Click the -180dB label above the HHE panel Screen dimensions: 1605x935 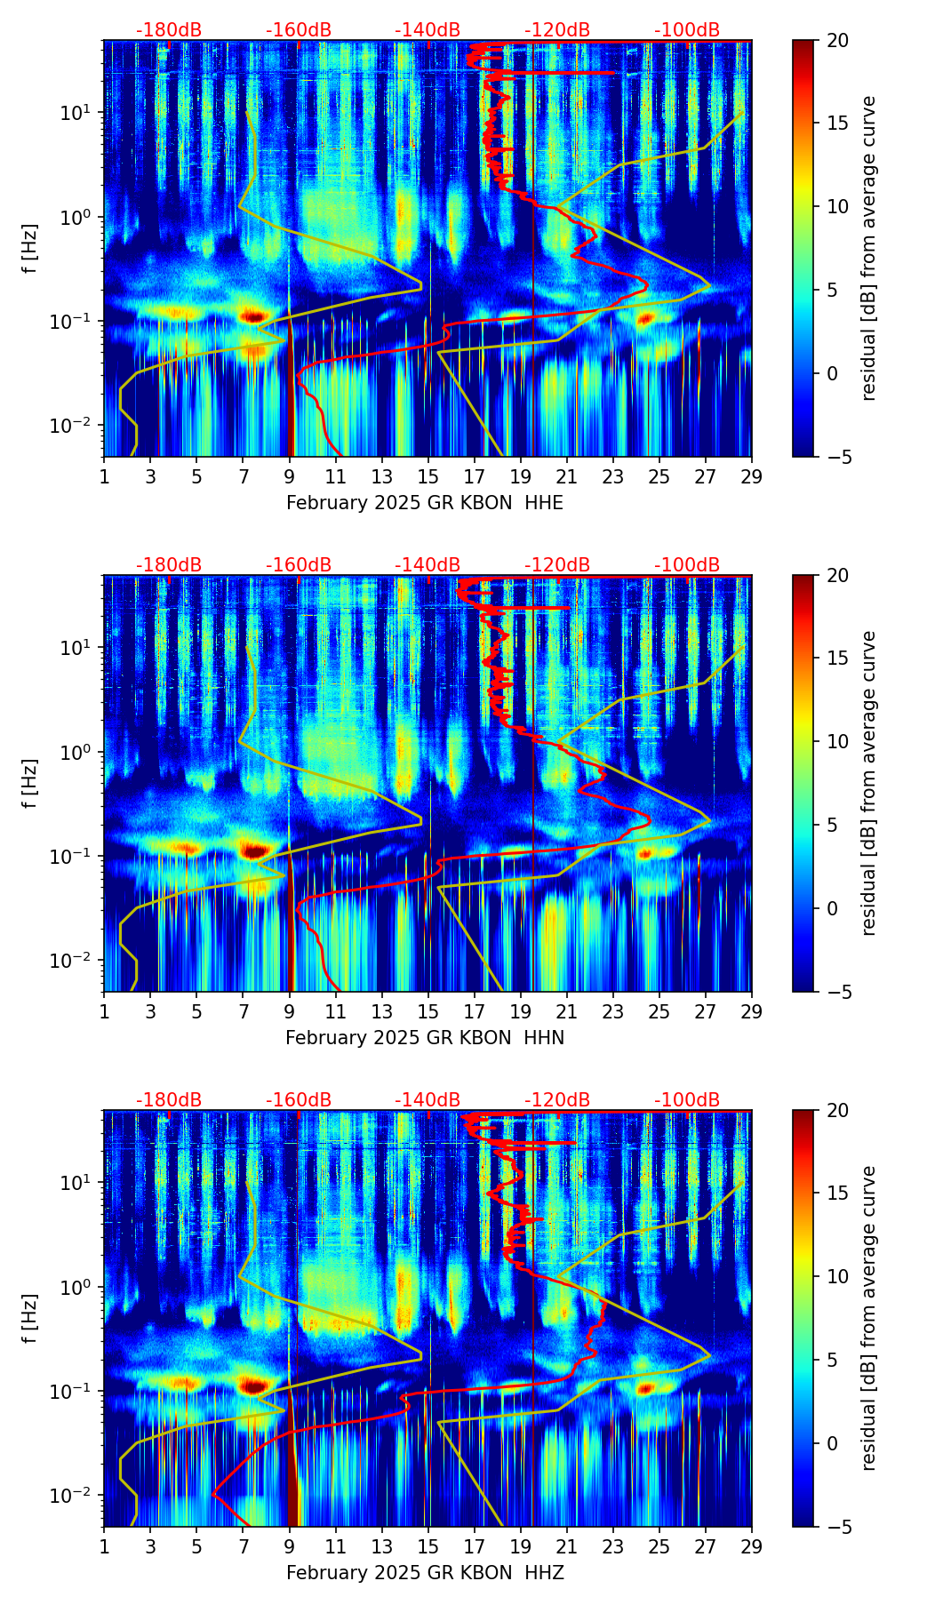(x=169, y=30)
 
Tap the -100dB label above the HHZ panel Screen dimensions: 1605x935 (x=687, y=1100)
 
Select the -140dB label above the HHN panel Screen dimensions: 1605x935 (x=428, y=565)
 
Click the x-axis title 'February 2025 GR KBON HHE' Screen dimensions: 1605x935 (x=425, y=503)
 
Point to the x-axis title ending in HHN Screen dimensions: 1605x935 (x=425, y=1038)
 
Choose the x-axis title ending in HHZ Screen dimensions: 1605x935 (x=425, y=1573)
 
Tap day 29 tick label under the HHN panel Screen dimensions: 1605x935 (x=752, y=1011)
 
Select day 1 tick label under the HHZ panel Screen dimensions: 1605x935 (x=104, y=1546)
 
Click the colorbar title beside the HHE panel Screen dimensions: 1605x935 (x=868, y=248)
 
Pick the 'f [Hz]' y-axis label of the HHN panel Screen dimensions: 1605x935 (x=30, y=783)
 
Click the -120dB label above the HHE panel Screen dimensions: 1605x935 (x=557, y=30)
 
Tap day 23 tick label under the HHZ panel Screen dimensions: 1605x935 (x=612, y=1546)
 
